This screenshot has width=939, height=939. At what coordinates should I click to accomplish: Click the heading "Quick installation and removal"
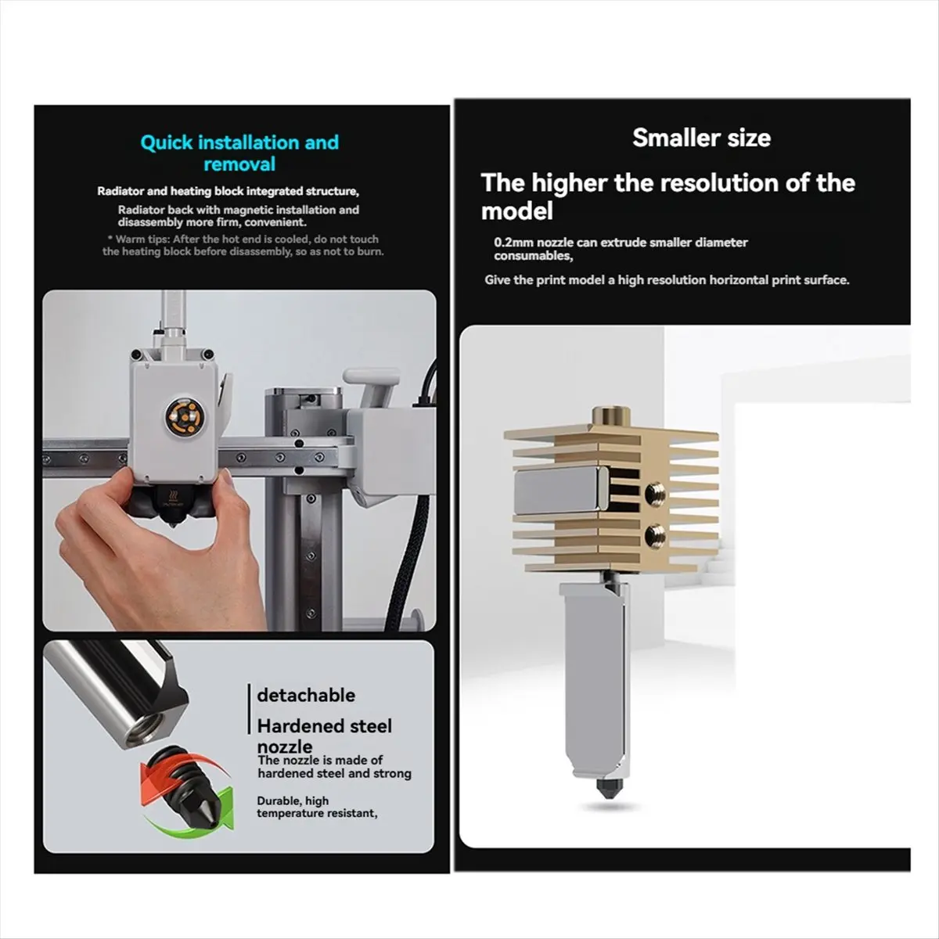coord(239,153)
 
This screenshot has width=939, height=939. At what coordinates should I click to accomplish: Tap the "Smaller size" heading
coord(701,139)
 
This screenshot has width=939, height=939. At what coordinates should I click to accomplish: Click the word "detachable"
coord(306,695)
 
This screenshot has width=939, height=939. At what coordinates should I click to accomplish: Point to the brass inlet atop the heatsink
coord(614,413)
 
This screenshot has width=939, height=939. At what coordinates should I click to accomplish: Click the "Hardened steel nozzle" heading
coord(324,736)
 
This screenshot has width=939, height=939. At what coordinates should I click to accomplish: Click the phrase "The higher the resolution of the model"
coord(667,196)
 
